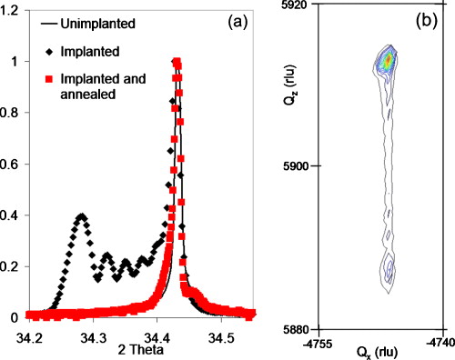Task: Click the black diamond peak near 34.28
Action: pos(81,217)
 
